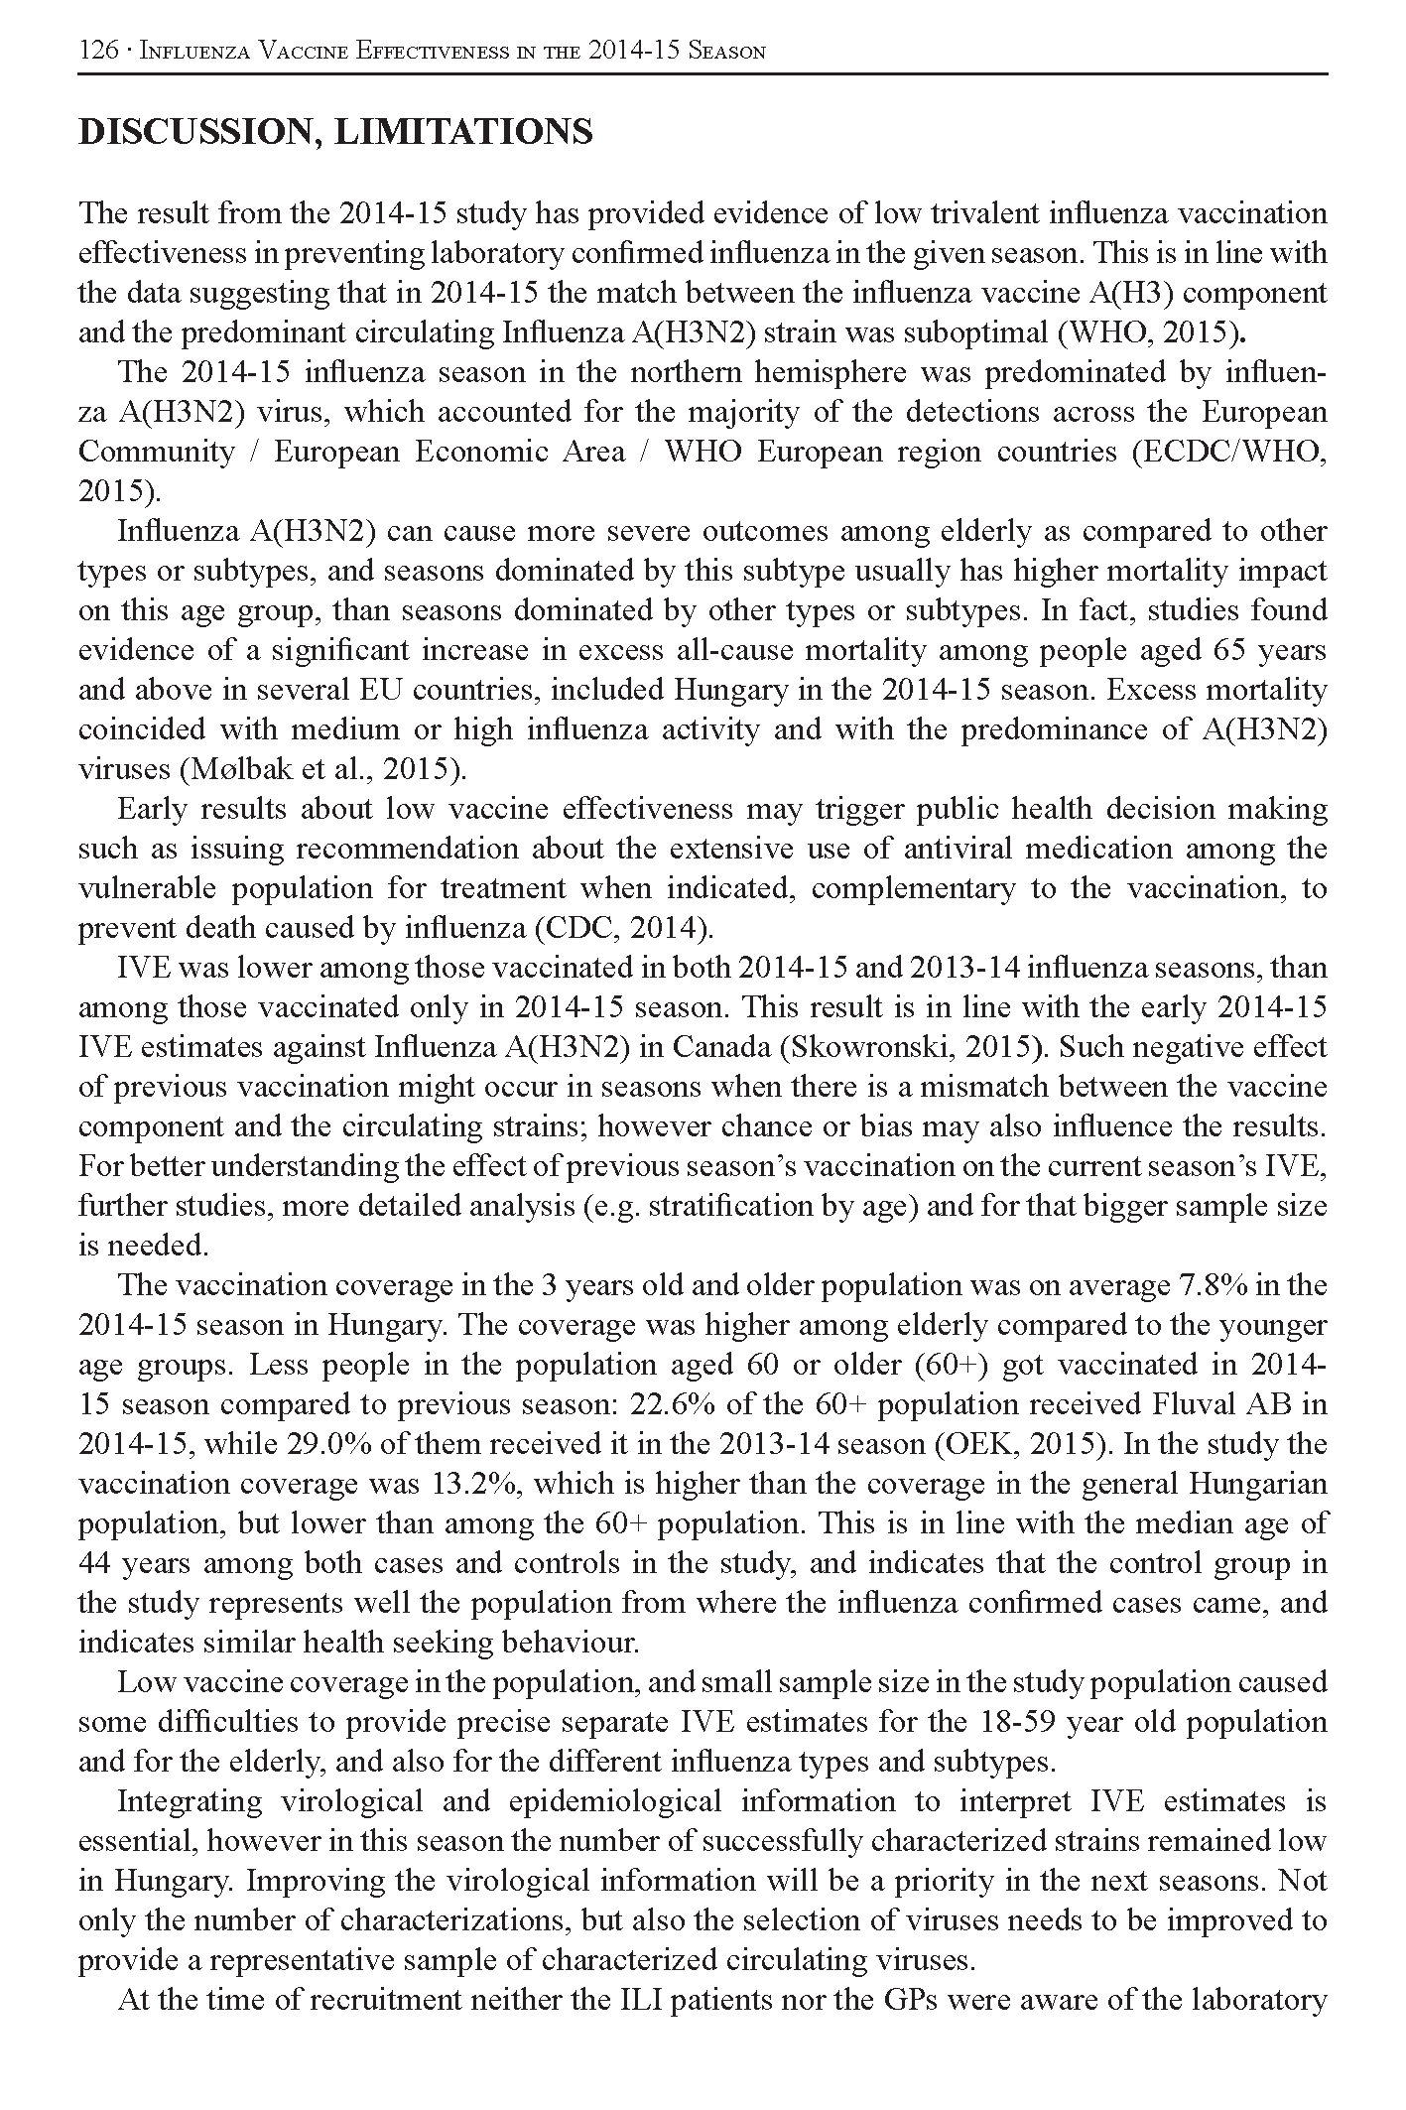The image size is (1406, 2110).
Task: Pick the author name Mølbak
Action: [x=257, y=769]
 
